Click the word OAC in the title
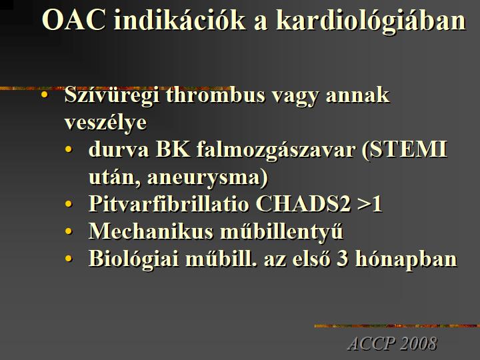pos(74,20)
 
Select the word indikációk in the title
pos(180,20)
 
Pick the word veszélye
pos(105,123)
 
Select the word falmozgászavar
pos(276,151)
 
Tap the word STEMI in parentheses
pos(406,149)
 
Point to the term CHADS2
pos(303,203)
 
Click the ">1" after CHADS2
pos(370,203)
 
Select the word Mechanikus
pos(151,231)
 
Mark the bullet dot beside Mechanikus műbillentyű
pos(68,231)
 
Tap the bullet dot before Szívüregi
pos(45,95)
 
